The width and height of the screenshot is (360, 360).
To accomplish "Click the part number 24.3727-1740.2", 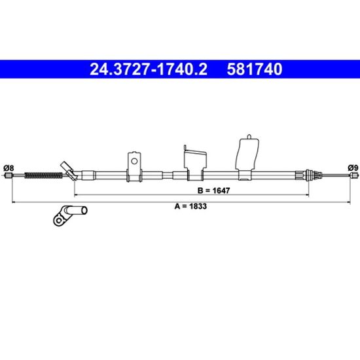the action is (149, 69).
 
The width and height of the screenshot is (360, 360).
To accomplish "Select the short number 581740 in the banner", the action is (255, 69).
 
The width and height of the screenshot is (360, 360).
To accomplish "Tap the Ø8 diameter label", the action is (9, 168).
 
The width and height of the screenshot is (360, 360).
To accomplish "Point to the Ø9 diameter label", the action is (353, 168).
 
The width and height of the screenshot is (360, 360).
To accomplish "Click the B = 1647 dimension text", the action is (214, 190).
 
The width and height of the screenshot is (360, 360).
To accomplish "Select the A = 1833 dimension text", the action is (190, 206).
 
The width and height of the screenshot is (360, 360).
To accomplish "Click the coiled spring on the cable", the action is (43, 175).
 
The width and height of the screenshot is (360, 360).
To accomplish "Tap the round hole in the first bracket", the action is (134, 161).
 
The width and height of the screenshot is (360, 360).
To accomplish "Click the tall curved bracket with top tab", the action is (247, 157).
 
